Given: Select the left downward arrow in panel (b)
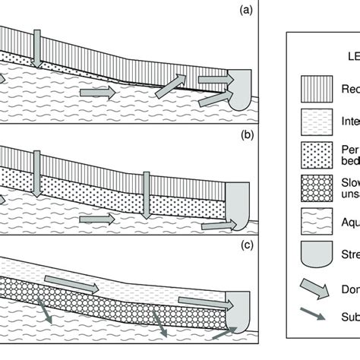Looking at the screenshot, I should point(35,165).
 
